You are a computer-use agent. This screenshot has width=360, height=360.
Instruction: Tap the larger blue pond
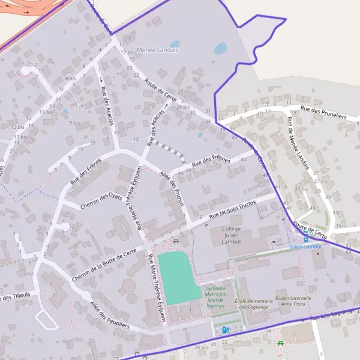click(x=220, y=48)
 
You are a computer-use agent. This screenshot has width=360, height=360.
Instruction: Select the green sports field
click(x=178, y=277)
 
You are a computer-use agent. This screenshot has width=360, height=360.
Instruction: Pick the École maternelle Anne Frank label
click(x=293, y=301)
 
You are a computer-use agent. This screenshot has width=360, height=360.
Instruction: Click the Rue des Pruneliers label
click(x=324, y=110)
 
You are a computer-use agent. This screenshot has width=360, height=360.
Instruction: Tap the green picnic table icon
click(x=280, y=343)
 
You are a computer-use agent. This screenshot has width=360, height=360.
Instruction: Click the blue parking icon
click(x=225, y=329)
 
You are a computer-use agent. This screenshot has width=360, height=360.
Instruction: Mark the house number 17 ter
click(x=127, y=52)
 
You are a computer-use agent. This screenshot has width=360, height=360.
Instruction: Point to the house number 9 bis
click(x=74, y=122)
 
